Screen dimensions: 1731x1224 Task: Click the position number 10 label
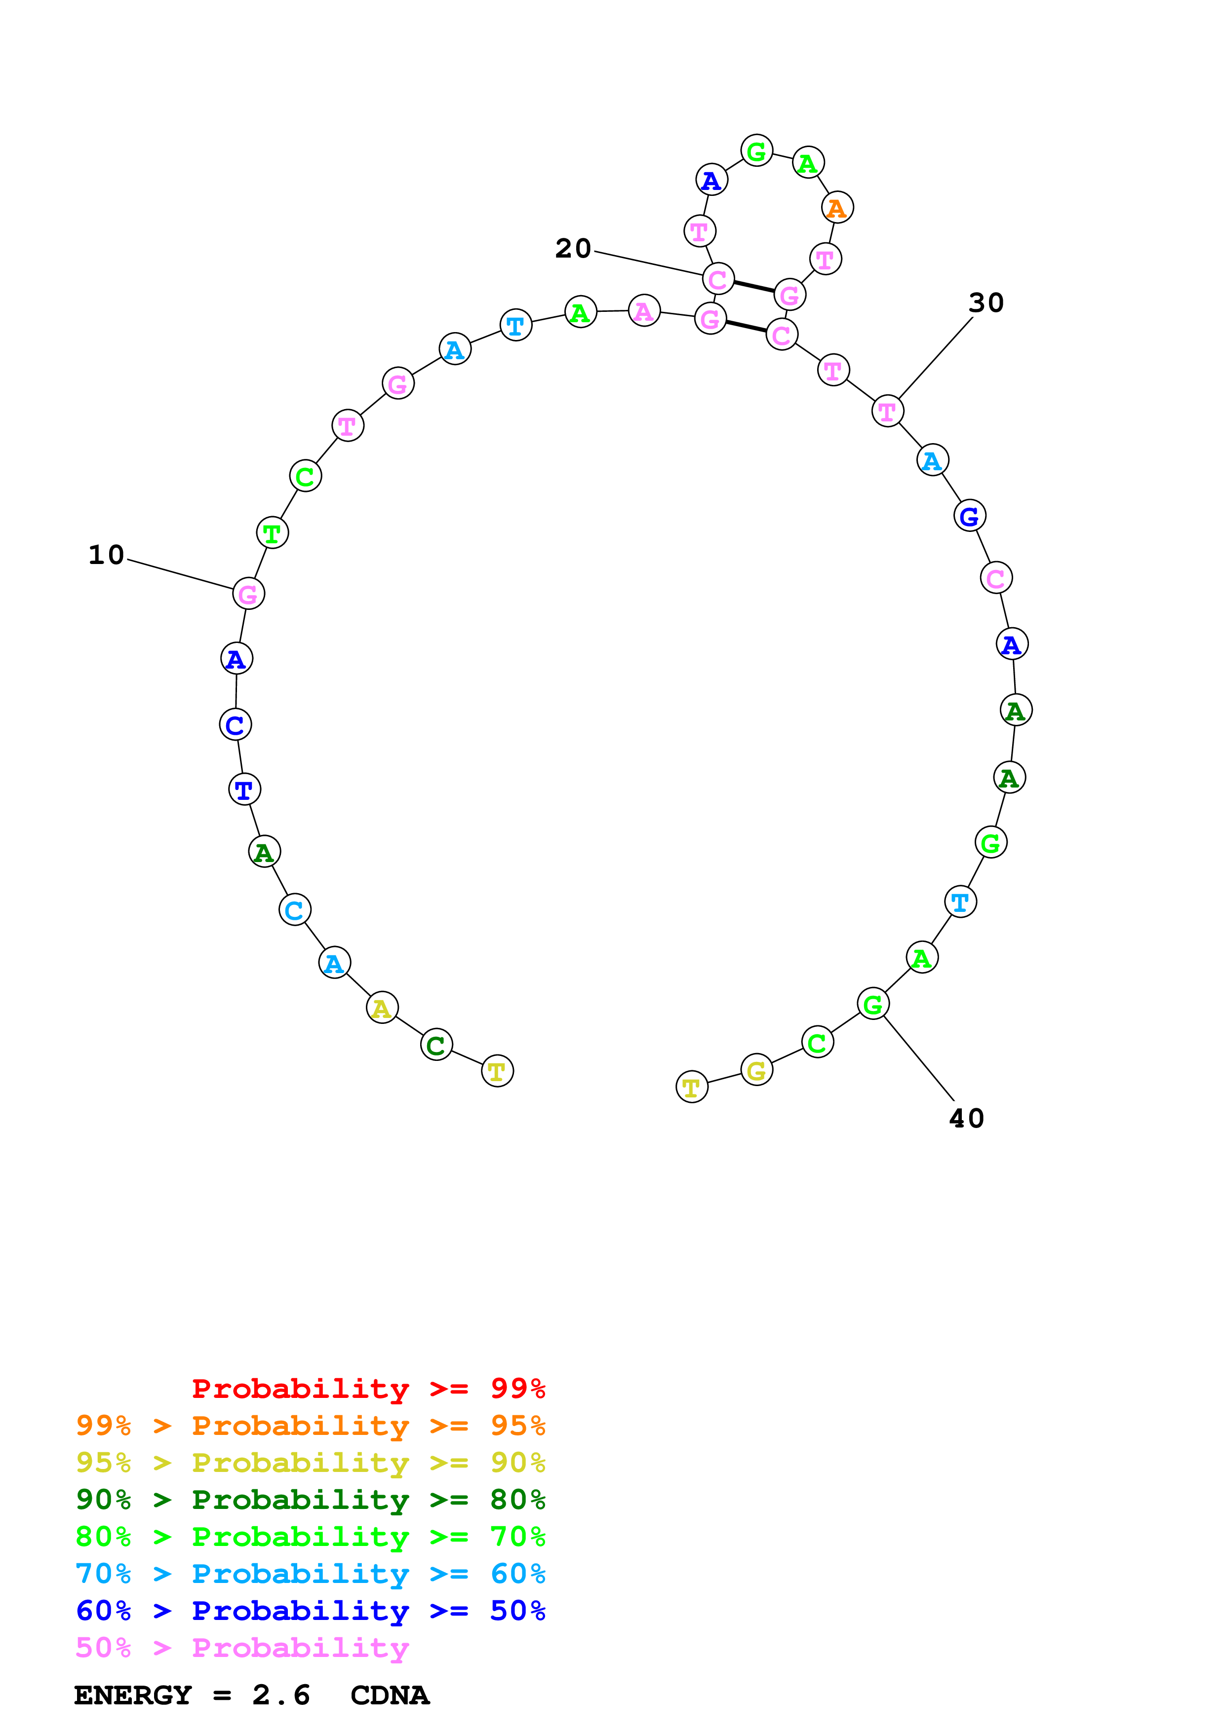(x=106, y=555)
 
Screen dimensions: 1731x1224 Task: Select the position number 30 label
(x=986, y=302)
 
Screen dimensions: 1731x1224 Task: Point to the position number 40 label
(x=966, y=1118)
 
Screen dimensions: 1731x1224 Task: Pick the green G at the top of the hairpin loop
(x=756, y=151)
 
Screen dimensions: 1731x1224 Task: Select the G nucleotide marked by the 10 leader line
(x=248, y=594)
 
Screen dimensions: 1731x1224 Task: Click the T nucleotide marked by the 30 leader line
(x=888, y=412)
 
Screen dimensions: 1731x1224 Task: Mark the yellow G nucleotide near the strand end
(x=756, y=1070)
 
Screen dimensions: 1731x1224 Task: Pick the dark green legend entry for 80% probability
(x=311, y=1500)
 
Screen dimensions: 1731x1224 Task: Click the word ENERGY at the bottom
(x=133, y=1695)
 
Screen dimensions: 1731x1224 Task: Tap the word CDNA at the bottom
(x=390, y=1695)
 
